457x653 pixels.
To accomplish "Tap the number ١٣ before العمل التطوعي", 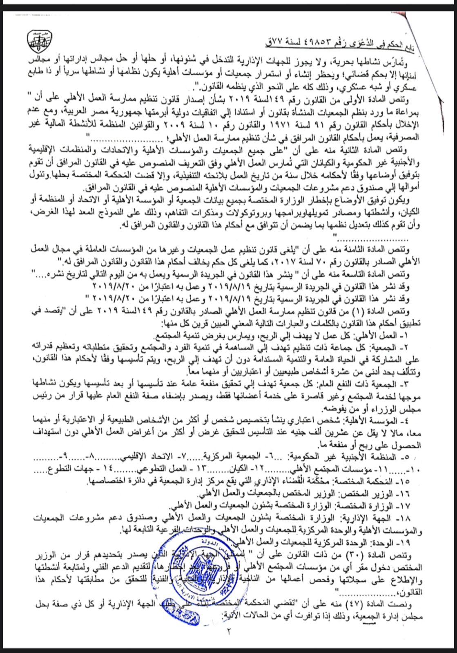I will point(202,468).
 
